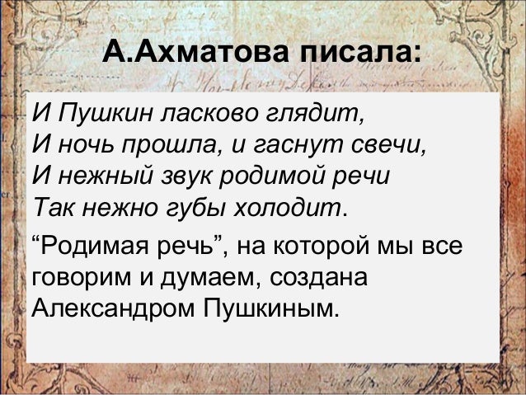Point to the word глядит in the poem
(318, 112)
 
